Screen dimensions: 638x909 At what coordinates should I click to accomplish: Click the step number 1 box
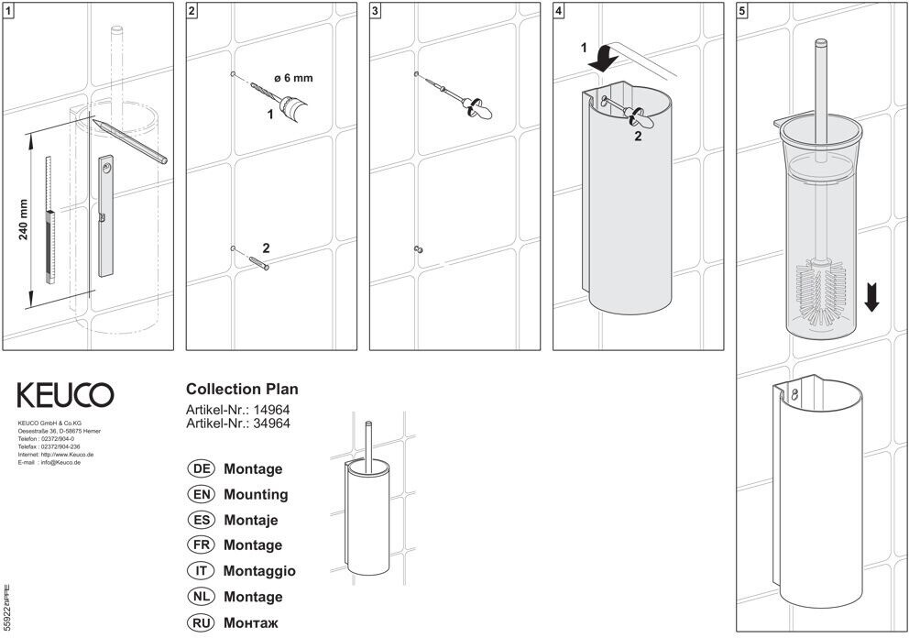coord(8,11)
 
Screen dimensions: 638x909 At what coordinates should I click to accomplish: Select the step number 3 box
coord(376,11)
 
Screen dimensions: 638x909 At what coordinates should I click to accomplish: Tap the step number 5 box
coord(742,11)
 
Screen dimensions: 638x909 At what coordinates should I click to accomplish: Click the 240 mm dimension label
coord(23,220)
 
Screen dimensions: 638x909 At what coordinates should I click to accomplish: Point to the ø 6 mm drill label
coord(292,78)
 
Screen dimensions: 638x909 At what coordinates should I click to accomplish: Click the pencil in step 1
coord(133,140)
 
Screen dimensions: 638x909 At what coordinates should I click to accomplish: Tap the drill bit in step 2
coord(266,93)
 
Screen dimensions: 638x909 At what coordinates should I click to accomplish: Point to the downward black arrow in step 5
coord(871,297)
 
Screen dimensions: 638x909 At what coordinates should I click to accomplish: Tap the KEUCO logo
coord(65,395)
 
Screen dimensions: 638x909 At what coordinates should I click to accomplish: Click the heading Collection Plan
coord(242,389)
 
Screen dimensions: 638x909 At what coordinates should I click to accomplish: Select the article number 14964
coord(271,410)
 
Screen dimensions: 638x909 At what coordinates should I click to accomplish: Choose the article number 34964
coord(271,423)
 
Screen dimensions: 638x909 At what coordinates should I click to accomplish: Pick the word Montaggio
coord(259,571)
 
